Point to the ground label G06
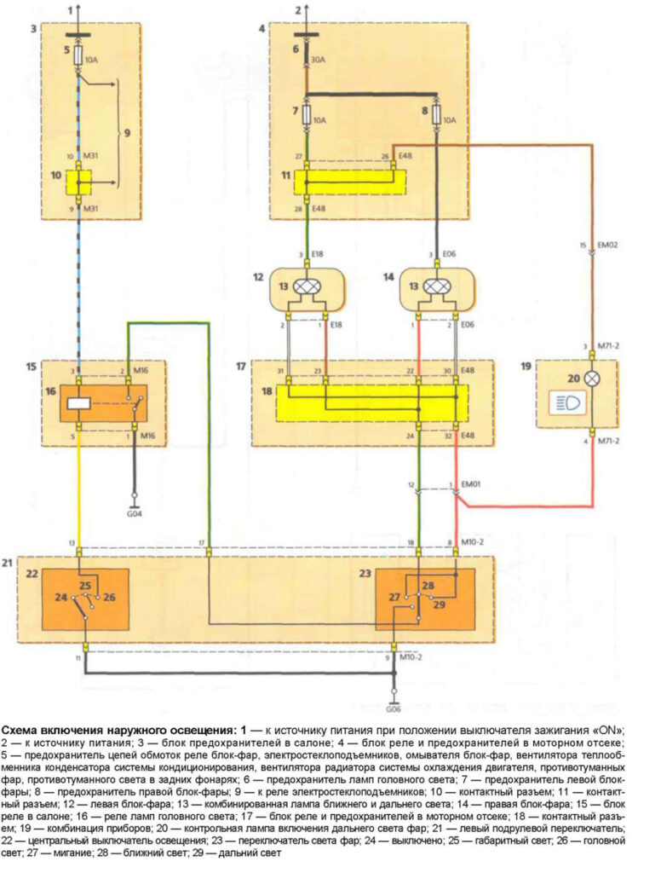point(394,709)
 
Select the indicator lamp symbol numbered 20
point(587,378)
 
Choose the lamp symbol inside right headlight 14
point(437,288)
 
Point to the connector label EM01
point(469,484)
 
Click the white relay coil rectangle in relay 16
point(79,404)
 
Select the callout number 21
point(9,564)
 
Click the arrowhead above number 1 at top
point(78,4)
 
